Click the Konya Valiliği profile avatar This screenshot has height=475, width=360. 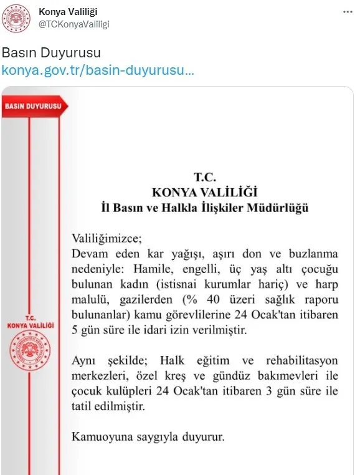point(18,19)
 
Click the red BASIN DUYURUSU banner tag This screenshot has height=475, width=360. point(33,106)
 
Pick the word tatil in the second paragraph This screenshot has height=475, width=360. point(83,406)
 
